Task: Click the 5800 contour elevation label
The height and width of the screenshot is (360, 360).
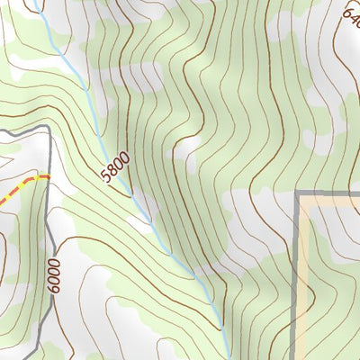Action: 115,168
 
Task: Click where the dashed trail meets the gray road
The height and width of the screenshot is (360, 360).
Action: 47,177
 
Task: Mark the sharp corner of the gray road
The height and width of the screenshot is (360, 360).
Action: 46,130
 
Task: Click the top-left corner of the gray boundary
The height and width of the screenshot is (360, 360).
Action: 298,193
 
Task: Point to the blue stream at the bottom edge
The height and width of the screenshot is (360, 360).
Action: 230,356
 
